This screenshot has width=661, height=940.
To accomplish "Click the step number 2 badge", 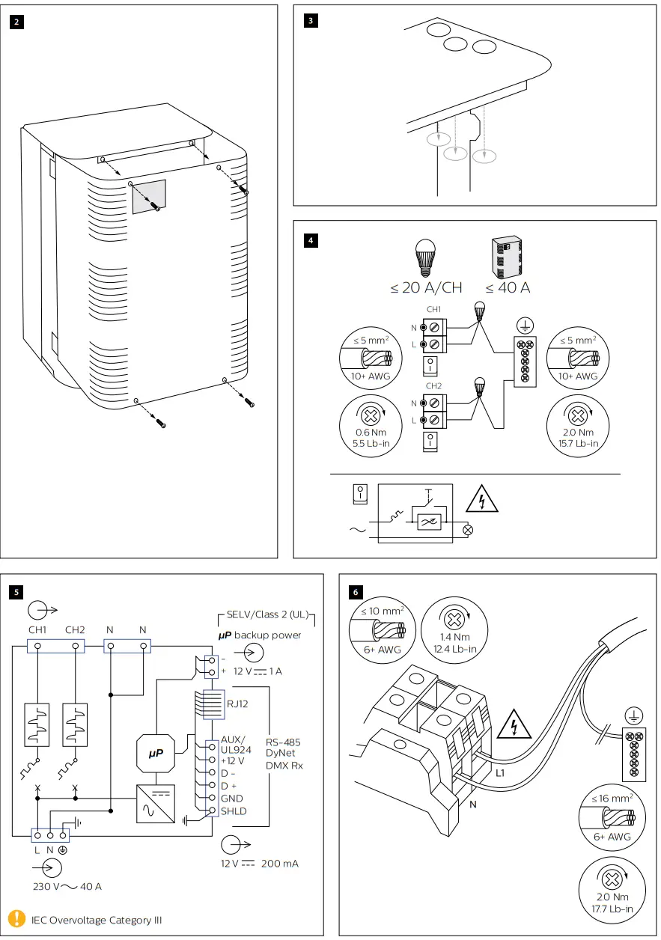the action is (x=16, y=22).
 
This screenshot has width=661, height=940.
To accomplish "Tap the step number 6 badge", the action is (x=356, y=592).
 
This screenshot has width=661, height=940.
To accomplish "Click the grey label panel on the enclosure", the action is (x=149, y=197).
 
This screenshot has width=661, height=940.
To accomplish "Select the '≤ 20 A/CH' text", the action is (x=426, y=287).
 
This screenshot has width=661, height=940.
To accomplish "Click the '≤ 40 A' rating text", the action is (x=508, y=287).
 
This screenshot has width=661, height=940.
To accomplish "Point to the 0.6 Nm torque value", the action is (x=371, y=433).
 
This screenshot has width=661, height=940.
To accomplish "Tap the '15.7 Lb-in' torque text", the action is (x=578, y=444).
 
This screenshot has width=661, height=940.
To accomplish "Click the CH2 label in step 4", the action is (x=433, y=385).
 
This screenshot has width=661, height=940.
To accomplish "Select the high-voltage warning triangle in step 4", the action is (x=482, y=499).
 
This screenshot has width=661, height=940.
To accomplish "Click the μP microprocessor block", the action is (x=156, y=753).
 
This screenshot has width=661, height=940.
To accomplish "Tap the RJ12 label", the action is (x=237, y=704).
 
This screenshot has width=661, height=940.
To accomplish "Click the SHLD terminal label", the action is (x=234, y=811).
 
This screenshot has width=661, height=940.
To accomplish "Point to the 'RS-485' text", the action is (x=283, y=742).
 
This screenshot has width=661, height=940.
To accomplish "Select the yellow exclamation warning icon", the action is (x=16, y=918).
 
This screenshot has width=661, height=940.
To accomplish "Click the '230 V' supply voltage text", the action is (x=46, y=886).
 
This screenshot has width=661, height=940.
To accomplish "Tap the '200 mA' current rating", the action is (x=279, y=863).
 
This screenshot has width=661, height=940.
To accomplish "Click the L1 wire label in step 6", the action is (x=500, y=773).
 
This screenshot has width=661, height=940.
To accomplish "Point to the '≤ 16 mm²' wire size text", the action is (x=612, y=798).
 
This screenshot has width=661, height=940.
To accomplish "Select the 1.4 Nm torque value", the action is (x=454, y=637).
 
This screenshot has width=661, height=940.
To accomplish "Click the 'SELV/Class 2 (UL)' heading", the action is (x=267, y=614).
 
